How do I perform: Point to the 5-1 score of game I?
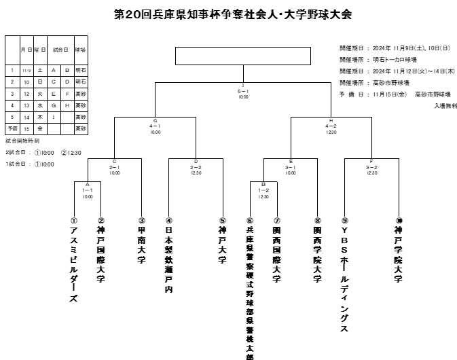coord(242,90)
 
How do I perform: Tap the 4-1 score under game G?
coord(155,126)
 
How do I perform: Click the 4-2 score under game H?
coord(331,126)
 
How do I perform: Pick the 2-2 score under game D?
coord(196,166)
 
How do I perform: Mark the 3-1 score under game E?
coord(291,166)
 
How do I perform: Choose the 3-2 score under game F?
coord(371,166)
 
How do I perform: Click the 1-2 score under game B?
coord(263,190)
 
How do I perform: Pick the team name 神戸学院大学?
coord(399,255)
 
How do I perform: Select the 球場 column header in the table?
coord(80,50)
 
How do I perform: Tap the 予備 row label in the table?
coord(12,128)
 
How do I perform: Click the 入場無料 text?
coord(445,105)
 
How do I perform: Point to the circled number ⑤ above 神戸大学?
coord(223,220)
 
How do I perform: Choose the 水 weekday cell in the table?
coord(40,105)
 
